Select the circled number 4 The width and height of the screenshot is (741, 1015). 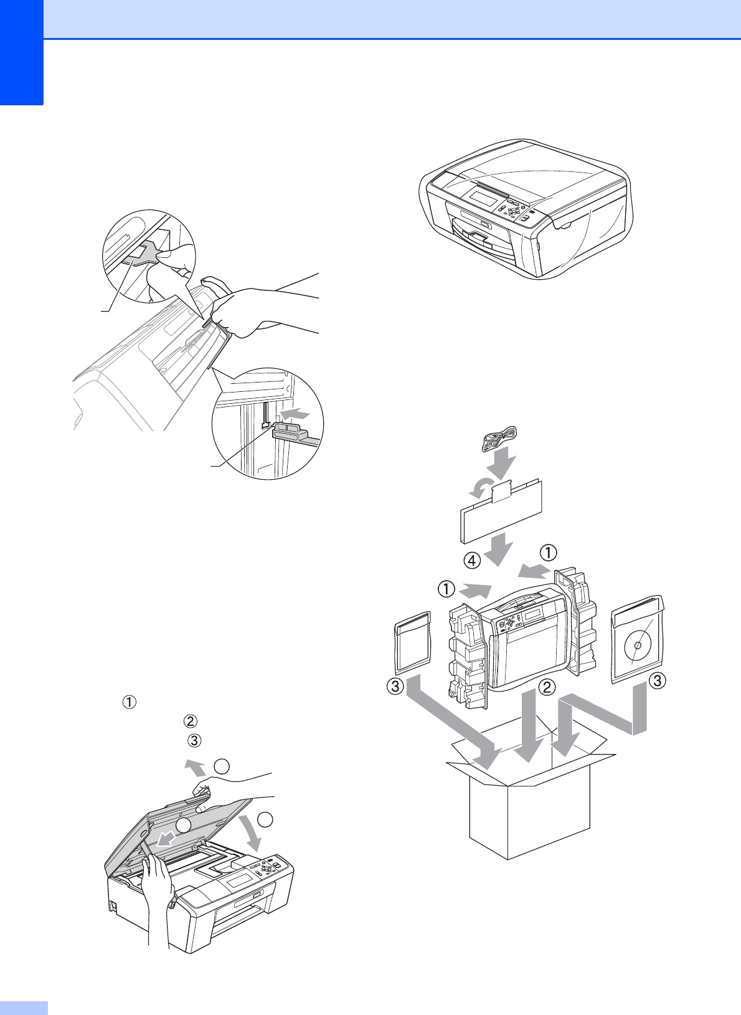[472, 561]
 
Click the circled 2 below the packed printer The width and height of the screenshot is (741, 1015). [547, 687]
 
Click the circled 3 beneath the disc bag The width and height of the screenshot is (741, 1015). [657, 680]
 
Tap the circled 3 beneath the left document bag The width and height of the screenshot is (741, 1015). [395, 687]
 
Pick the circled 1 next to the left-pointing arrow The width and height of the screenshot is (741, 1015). [548, 553]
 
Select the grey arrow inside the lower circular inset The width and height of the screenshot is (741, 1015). [295, 413]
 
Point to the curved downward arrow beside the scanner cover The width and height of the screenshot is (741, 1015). [252, 832]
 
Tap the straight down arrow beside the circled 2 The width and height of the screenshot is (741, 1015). [528, 725]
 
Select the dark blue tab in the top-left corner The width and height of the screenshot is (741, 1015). [21, 52]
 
